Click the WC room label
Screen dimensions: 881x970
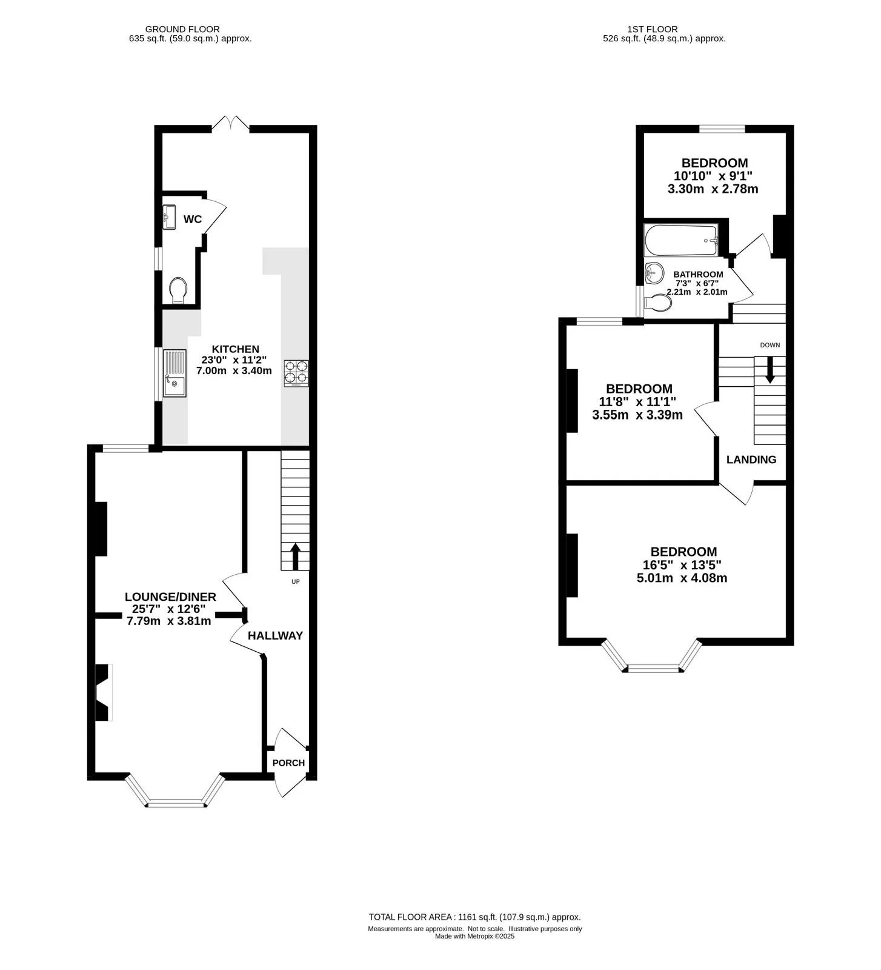(x=193, y=219)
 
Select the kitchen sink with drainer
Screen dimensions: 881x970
(x=174, y=373)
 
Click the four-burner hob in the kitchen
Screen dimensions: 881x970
(x=296, y=373)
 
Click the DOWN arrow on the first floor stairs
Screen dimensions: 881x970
(x=770, y=369)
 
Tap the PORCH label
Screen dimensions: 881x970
(x=288, y=763)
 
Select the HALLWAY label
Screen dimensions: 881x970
(x=275, y=635)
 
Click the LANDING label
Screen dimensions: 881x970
(x=751, y=460)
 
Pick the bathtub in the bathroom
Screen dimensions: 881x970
(x=682, y=241)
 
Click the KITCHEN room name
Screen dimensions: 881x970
(x=235, y=349)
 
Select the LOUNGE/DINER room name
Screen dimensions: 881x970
(x=170, y=597)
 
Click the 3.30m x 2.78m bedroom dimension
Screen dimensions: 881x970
(x=713, y=189)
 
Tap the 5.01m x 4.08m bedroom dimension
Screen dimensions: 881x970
(x=682, y=578)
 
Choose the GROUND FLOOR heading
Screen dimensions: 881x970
(x=182, y=29)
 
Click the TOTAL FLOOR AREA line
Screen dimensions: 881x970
(x=474, y=917)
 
